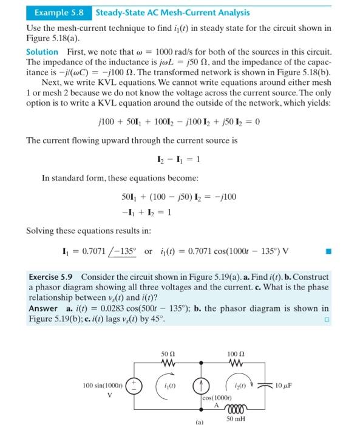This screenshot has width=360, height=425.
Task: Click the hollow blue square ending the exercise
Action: click(327, 319)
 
